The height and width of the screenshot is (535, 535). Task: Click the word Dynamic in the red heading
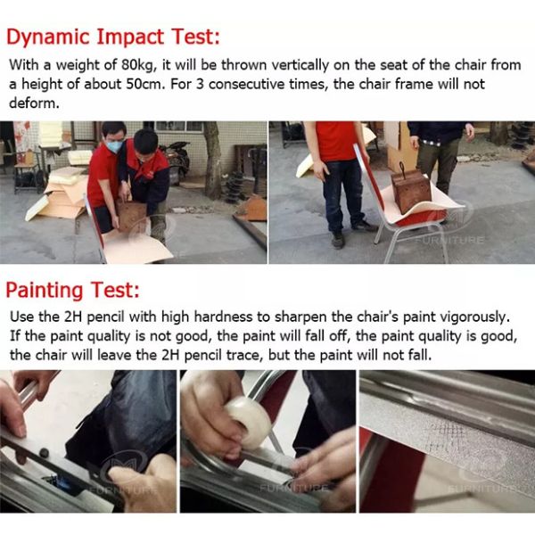coord(48,37)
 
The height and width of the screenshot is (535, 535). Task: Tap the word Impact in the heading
coord(130,37)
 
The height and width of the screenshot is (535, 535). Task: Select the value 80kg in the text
coord(138,65)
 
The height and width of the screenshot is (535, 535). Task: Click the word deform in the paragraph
coord(34,103)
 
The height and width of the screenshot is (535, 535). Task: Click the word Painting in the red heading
coord(45,291)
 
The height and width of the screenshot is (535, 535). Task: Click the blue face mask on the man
coord(114,146)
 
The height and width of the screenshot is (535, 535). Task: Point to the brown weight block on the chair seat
coord(410,191)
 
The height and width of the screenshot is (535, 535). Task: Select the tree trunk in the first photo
coord(212,160)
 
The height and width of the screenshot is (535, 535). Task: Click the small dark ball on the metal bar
coord(45,453)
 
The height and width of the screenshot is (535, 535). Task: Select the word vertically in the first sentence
coord(300,65)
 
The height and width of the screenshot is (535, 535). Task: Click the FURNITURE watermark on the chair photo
coord(449,240)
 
